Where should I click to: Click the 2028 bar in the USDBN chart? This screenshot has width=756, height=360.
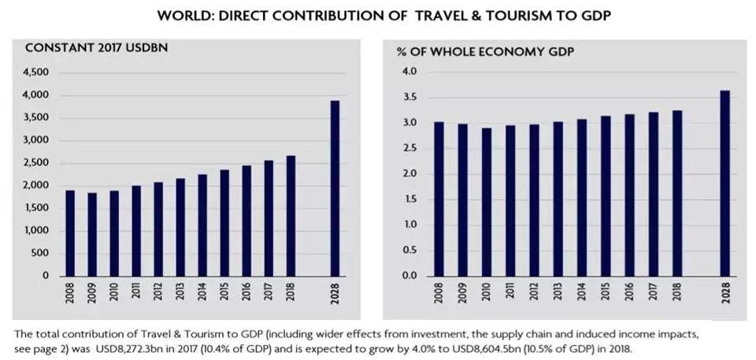tap(335, 189)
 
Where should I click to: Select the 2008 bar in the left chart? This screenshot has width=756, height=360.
tap(70, 233)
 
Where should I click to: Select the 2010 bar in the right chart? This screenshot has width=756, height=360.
tap(487, 202)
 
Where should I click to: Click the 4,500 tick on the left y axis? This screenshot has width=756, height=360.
tap(36, 72)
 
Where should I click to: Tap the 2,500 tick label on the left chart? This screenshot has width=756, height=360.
tap(36, 163)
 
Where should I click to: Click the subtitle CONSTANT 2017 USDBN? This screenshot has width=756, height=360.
tap(96, 48)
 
